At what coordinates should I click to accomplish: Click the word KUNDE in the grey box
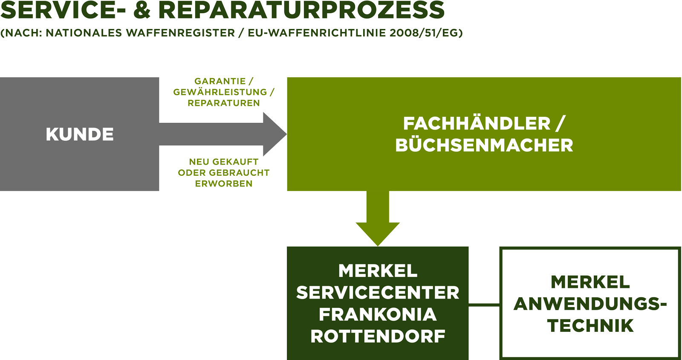(x=80, y=134)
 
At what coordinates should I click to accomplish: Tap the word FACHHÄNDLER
(x=477, y=124)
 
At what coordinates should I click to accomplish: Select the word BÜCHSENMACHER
(x=484, y=145)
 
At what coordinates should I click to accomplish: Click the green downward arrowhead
(x=378, y=233)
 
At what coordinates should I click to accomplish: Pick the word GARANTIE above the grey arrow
(x=220, y=81)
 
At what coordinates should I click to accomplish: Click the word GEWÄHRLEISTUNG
(x=220, y=92)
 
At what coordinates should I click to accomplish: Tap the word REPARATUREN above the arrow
(x=224, y=103)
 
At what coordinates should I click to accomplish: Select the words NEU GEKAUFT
(x=224, y=162)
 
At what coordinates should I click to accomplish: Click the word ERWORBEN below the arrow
(x=224, y=183)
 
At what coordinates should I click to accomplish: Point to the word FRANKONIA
(x=378, y=315)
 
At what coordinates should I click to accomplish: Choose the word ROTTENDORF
(x=378, y=337)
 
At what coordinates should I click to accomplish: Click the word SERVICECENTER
(x=378, y=293)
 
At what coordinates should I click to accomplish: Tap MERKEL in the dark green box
(x=378, y=271)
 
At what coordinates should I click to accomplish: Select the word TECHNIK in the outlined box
(x=591, y=325)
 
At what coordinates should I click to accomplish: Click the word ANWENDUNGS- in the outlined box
(x=591, y=304)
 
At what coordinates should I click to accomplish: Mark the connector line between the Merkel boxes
(x=484, y=305)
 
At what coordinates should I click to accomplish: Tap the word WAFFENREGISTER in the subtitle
(x=180, y=33)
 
